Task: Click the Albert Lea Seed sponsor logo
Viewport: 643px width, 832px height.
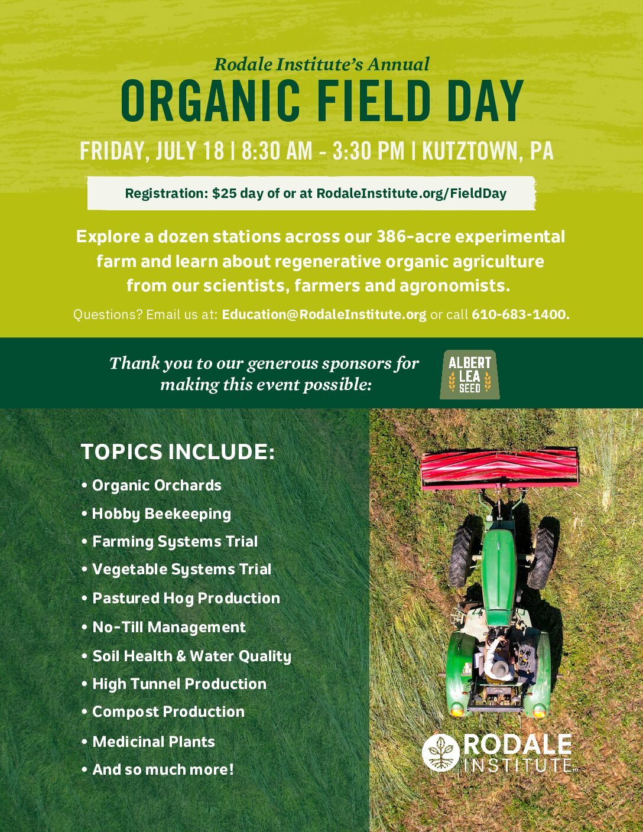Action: click(x=469, y=375)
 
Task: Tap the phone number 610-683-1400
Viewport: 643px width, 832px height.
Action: click(x=521, y=314)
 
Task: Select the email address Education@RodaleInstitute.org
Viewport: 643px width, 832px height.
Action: click(x=324, y=314)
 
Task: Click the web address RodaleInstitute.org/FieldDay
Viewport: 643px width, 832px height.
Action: click(x=411, y=193)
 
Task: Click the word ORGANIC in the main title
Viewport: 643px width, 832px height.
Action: click(x=210, y=100)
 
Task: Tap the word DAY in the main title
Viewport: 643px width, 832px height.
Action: click(x=483, y=100)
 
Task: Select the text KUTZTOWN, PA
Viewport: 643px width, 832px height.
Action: click(x=488, y=151)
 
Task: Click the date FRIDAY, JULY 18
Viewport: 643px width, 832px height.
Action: click(x=152, y=151)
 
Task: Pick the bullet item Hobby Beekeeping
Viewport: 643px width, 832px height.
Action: click(x=161, y=514)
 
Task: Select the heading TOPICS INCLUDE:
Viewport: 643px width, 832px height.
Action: click(x=178, y=452)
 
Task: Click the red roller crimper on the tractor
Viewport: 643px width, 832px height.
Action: click(x=499, y=469)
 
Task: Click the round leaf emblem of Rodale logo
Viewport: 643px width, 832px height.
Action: click(x=441, y=753)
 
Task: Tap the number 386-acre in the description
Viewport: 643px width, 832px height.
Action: click(x=414, y=237)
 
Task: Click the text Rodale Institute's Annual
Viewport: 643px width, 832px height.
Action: click(x=321, y=64)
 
